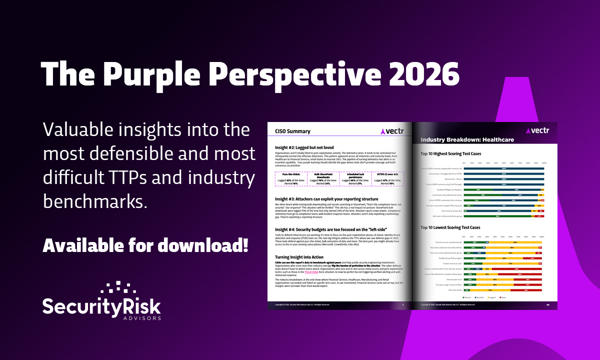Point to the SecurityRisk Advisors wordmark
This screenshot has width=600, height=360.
click(x=101, y=306)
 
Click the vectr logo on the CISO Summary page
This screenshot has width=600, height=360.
click(x=391, y=131)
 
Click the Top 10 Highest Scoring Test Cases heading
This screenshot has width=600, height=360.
click(x=457, y=154)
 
